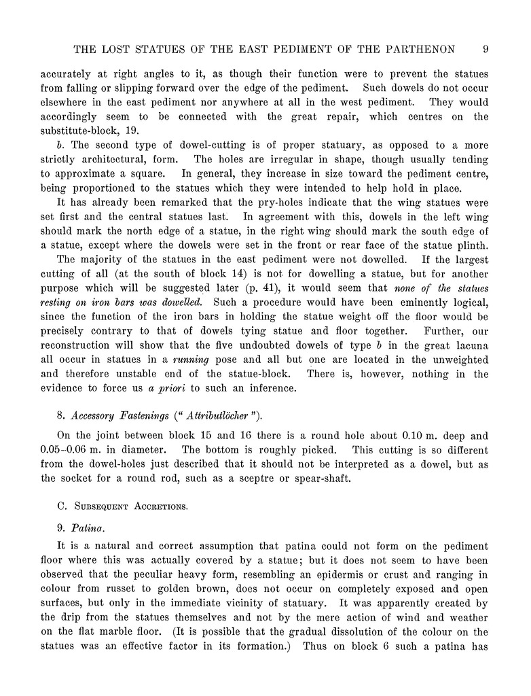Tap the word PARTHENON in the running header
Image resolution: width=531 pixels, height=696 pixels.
[421, 49]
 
